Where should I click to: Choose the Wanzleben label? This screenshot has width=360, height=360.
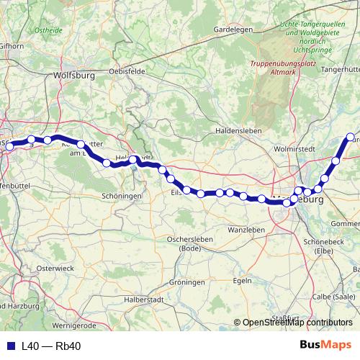(246, 229)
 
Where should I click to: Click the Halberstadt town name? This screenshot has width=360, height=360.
(146, 299)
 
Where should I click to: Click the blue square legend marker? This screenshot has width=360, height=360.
(11, 346)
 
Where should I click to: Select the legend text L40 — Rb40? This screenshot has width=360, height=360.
(51, 346)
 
